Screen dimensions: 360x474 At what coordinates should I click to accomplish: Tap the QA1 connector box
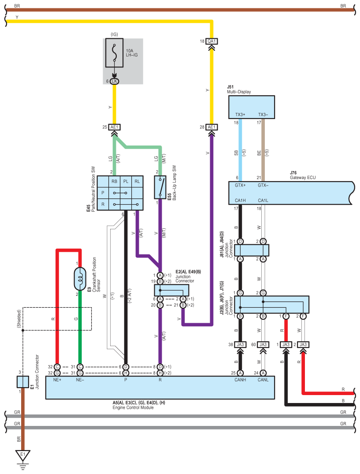212,41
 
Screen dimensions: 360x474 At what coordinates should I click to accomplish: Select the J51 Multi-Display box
251,107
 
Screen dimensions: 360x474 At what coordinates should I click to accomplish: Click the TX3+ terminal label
240,115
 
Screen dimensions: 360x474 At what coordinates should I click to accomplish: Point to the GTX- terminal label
263,185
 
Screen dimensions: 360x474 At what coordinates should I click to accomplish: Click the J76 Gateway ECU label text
303,175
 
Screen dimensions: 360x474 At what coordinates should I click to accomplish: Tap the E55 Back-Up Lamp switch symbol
160,187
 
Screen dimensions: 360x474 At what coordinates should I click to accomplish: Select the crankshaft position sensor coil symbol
80,278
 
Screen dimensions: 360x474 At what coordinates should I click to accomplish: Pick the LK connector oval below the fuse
114,81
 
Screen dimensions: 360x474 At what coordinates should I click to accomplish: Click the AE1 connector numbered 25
114,127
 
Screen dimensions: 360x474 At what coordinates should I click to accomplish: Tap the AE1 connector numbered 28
212,127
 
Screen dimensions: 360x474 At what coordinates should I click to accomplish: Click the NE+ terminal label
57,380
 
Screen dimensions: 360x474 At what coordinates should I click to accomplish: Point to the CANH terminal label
240,380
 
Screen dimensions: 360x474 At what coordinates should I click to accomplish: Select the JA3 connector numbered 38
240,345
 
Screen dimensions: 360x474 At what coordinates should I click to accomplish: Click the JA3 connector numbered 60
263,345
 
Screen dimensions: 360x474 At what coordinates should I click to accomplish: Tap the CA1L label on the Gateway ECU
263,201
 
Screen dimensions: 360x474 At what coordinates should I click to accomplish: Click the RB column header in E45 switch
114,181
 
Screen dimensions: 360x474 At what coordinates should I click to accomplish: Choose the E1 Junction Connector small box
23,382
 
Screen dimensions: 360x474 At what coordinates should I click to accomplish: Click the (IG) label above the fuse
114,34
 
